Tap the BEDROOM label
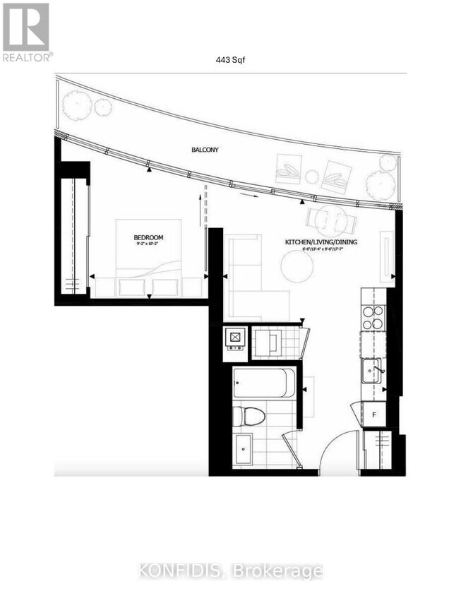coord(149,237)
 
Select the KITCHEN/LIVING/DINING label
coord(317,242)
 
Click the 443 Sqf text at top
coord(230,60)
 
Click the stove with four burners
coord(372,317)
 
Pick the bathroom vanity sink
coord(245,448)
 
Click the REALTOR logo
coord(26,32)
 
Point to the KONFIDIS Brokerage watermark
coord(230,570)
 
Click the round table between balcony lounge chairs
coord(312,176)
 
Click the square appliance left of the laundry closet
coord(235,339)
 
